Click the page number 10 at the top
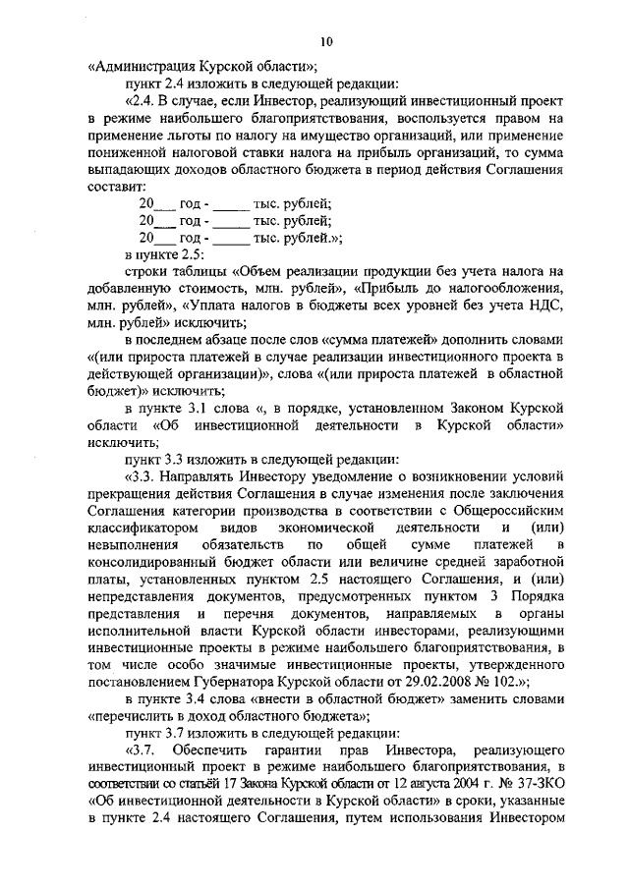tap(326, 40)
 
